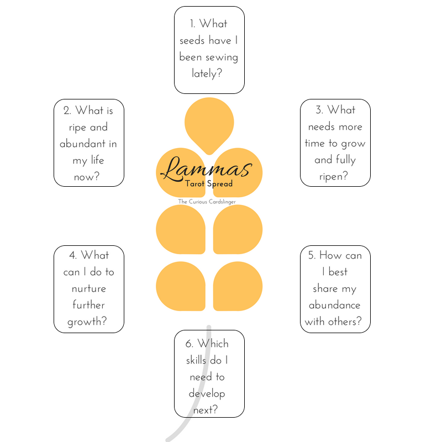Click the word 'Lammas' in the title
point(206,169)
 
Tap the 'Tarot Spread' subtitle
point(209,184)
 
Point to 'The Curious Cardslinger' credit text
point(207,202)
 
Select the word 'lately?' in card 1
point(207,73)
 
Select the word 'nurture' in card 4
point(88,288)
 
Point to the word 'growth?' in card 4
point(87,322)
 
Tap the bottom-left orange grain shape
point(180,286)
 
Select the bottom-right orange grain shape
point(238,286)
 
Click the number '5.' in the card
point(312,255)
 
